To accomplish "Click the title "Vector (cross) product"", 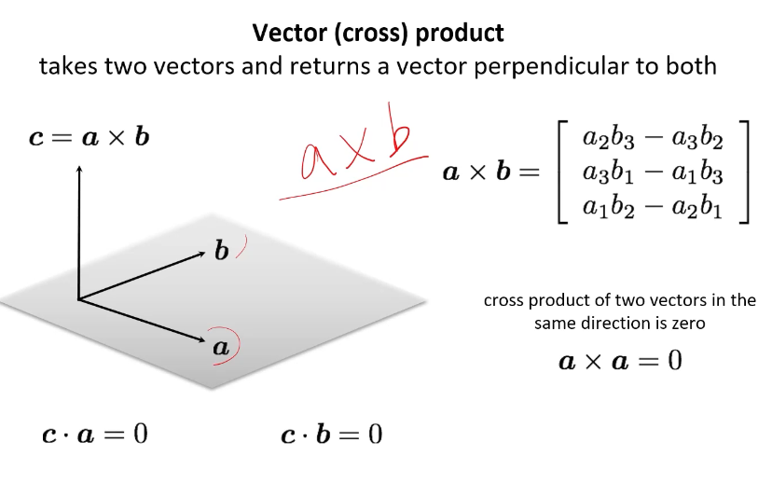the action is [x=379, y=34].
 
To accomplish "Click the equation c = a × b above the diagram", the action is [x=89, y=137].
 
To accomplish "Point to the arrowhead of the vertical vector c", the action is [x=80, y=169].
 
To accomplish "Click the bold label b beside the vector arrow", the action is [x=221, y=251].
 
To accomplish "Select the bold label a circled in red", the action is [x=220, y=347].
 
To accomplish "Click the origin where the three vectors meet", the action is [x=80, y=299].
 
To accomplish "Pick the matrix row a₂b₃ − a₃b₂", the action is [x=653, y=139].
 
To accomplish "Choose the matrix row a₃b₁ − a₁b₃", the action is [x=653, y=172].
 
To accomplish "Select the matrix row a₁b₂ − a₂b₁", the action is [x=653, y=205].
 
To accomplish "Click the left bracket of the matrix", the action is [x=562, y=172].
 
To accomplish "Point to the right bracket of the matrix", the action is [x=742, y=172].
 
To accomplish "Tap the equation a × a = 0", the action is [x=620, y=360].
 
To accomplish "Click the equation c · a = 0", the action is [x=94, y=434].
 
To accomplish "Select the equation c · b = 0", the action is [x=332, y=434].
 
